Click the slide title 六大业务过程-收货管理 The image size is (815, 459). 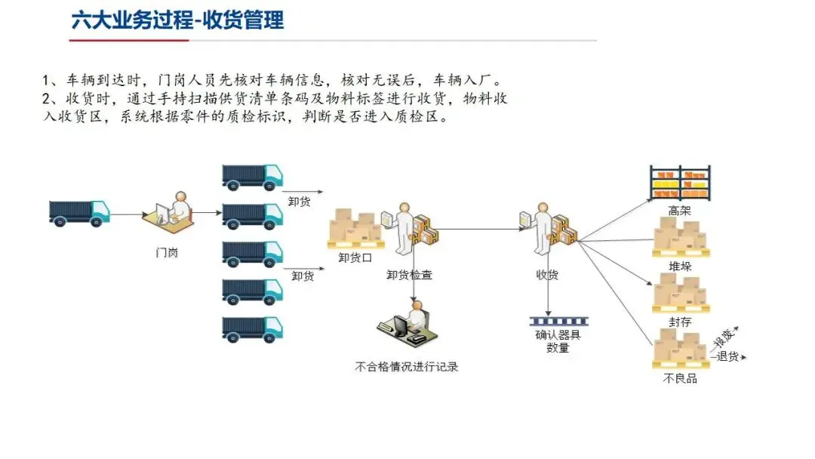178,20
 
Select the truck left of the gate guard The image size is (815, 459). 78,212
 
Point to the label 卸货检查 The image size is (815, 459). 411,275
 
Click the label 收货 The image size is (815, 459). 547,275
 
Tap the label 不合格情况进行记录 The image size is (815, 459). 407,367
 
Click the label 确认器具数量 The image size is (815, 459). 558,341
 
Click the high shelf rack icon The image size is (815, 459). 680,183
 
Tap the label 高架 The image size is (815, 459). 679,211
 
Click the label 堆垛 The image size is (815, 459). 679,266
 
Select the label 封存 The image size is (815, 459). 679,322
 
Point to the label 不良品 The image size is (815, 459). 679,378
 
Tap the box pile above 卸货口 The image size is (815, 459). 355,229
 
